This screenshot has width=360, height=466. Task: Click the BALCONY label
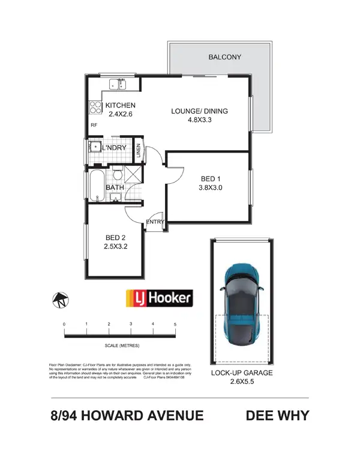[224, 58]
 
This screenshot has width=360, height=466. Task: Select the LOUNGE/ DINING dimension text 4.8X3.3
[199, 120]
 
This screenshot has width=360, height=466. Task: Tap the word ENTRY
[155, 222]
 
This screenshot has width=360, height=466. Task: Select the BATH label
[115, 188]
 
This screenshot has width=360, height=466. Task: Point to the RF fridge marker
[94, 126]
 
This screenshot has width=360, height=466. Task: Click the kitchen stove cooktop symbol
[95, 107]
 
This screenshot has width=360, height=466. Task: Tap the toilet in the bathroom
[118, 176]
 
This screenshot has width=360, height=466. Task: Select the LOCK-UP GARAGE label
[242, 373]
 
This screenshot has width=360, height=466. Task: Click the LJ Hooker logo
[158, 297]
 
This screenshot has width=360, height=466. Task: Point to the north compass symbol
[60, 299]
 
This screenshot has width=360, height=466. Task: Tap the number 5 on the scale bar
[175, 324]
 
